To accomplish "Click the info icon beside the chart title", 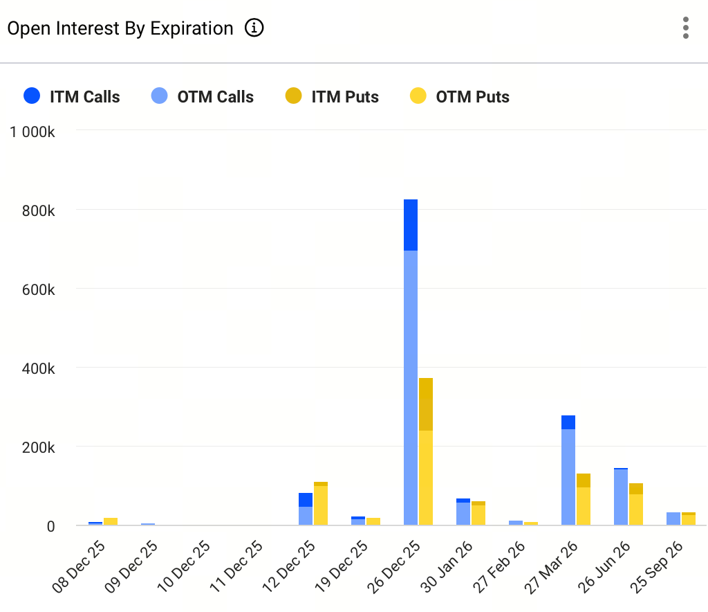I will pos(254,28).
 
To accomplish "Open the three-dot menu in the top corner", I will pos(685,28).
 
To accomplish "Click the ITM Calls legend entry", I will pos(71,97).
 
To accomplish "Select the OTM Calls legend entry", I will pos(202,97).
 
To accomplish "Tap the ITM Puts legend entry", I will pos(331,97).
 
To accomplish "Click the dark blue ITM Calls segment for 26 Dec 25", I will pos(411,225).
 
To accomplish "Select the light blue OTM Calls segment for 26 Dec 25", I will pos(411,388).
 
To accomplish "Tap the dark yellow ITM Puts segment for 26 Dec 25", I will pos(426,404).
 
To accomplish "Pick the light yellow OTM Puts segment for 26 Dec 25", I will pos(426,478).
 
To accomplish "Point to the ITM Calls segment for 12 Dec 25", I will pos(306,500).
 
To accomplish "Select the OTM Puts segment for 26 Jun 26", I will pos(636,510).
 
